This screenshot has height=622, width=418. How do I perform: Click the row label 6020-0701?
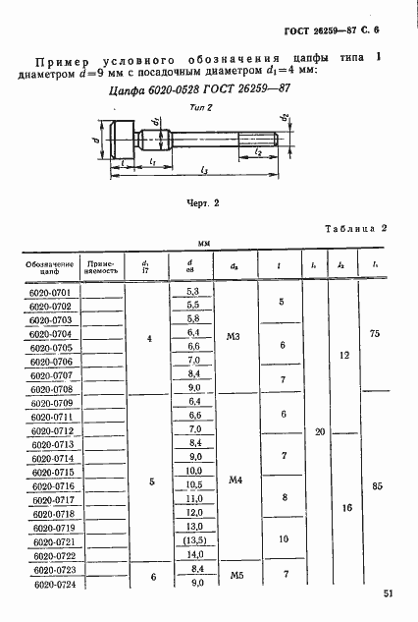pos(47,292)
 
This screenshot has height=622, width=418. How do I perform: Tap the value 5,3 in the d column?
pos(192,292)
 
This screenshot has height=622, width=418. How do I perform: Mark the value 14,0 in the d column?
pos(192,555)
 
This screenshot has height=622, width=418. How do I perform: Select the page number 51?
pos(389,593)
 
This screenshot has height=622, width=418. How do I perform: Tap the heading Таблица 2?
pos(357,228)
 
